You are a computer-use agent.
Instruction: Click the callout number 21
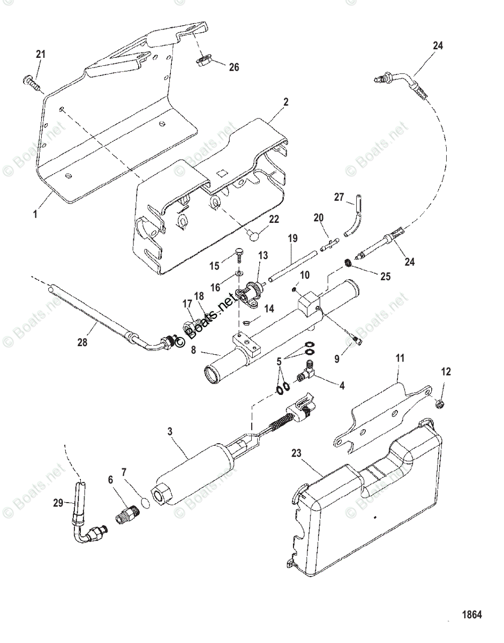point(41,54)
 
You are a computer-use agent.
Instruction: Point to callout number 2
point(286,102)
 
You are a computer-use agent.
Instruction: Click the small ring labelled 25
point(348,263)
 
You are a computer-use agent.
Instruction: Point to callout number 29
point(58,503)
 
